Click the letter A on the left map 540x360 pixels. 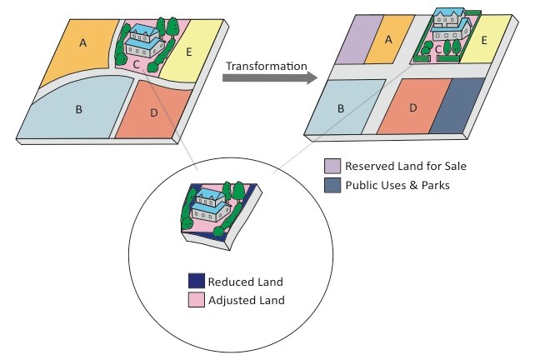82,42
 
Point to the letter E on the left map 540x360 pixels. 189,52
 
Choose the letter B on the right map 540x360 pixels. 340,108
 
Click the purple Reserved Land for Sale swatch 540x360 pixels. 332,166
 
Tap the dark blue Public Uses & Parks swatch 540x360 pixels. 332,185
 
